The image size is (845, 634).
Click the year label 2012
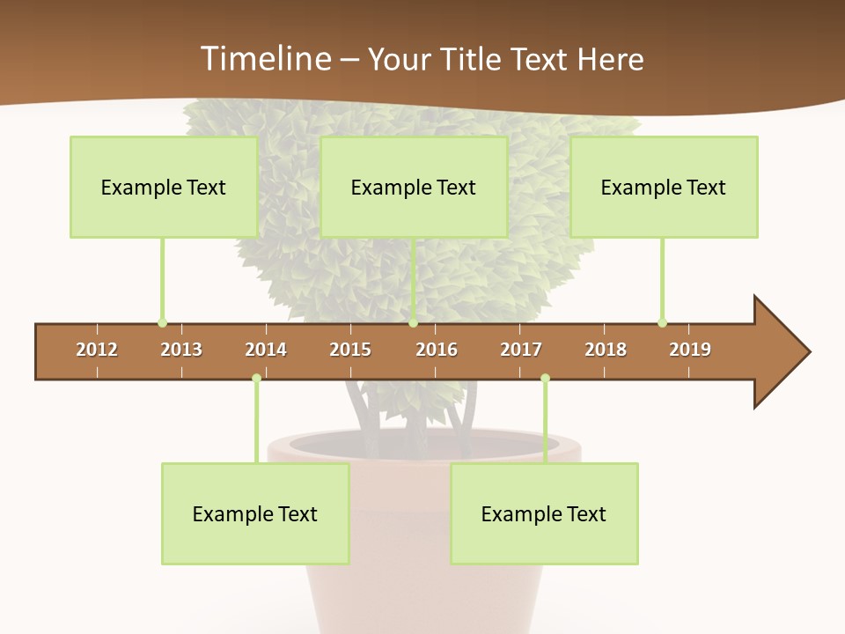click(97, 350)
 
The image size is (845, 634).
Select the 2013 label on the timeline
click(181, 350)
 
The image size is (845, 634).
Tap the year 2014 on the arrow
click(266, 350)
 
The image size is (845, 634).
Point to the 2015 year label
click(350, 350)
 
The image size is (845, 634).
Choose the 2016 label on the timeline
click(437, 350)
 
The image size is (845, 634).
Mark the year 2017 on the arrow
click(521, 350)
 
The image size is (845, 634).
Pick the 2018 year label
click(606, 350)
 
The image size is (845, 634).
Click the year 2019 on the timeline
click(690, 350)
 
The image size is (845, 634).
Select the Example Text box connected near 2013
click(164, 187)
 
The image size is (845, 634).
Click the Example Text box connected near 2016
click(414, 187)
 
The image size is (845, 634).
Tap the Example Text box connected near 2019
click(664, 187)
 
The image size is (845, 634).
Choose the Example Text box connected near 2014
click(255, 513)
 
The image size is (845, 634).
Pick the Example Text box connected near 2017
click(544, 513)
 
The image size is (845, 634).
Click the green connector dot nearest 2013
click(162, 322)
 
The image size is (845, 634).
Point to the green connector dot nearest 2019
click(662, 322)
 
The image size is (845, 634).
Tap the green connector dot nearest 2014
click(256, 378)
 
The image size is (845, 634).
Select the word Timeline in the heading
click(265, 59)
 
